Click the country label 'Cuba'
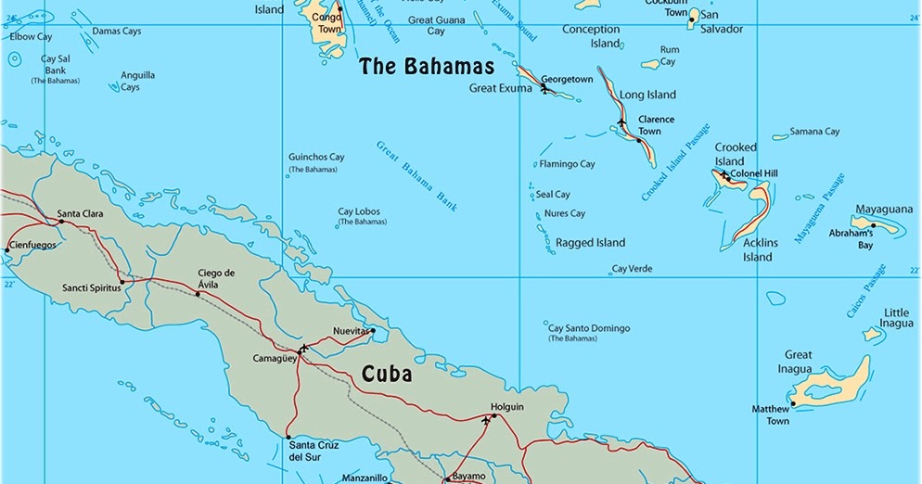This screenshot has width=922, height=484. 386,375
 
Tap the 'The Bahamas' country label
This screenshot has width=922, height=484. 427,67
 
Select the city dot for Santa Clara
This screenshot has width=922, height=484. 61,221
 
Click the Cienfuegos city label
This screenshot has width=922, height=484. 32,246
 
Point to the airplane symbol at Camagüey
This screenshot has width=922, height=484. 303,349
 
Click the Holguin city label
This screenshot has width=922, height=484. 507,406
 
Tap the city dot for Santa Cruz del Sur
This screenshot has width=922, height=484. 288,437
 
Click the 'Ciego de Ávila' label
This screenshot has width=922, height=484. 216,279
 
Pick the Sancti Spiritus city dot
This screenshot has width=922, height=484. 122,282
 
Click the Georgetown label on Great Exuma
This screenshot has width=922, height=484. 567,80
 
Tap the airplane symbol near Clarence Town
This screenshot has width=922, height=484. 621,121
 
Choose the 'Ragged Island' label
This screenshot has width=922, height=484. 590,243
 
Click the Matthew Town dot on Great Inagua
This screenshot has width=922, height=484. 792,404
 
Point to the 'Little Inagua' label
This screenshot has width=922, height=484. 896,318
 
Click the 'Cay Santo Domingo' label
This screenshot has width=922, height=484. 589,328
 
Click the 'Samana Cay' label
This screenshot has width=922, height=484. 813,132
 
